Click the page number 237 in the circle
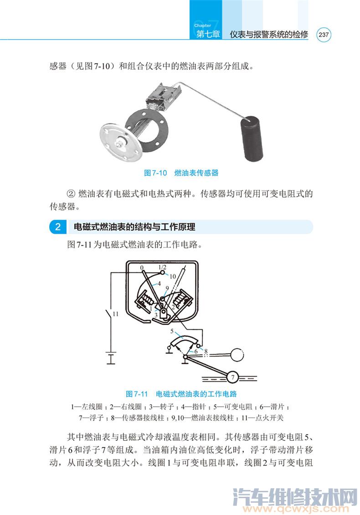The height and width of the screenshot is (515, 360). click(324, 35)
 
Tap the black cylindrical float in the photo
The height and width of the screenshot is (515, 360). click(252, 140)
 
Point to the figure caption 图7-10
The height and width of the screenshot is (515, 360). click(155, 173)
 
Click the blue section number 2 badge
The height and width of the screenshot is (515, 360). click(58, 227)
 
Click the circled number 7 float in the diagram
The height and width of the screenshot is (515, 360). click(233, 377)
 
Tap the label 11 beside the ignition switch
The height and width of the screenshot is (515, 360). click(115, 314)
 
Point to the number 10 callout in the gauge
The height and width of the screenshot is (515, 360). click(173, 276)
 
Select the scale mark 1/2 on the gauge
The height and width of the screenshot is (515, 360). click(162, 267)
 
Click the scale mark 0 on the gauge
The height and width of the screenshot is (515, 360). click(142, 268)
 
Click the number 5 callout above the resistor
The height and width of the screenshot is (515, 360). click(172, 331)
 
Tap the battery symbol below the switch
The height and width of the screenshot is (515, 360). click(111, 358)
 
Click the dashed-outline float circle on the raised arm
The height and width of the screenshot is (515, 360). click(237, 354)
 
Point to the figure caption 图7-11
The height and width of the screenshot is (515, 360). click(137, 394)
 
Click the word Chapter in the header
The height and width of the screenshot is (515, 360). click(202, 25)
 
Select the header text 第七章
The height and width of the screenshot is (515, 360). click(208, 34)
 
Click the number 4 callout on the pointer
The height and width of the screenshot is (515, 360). click(159, 283)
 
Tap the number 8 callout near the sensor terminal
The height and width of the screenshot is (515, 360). click(206, 352)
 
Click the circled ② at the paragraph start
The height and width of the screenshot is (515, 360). click(71, 194)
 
